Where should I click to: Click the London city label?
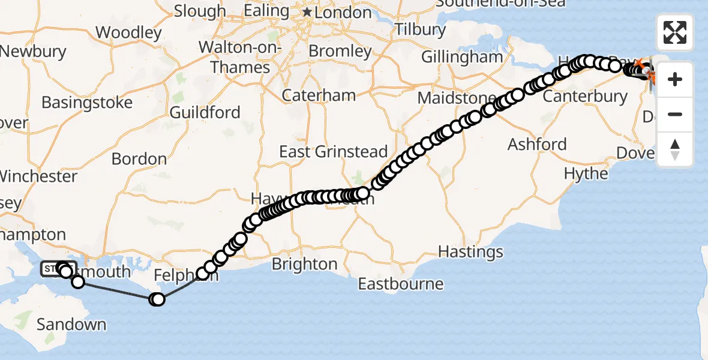(344, 12)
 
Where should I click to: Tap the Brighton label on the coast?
(304, 264)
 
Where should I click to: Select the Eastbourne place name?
(401, 283)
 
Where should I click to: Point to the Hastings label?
(471, 251)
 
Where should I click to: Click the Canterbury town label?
(585, 96)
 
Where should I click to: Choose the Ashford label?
(537, 144)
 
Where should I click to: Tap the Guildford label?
(205, 112)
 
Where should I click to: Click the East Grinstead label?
(334, 152)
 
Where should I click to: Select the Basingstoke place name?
(87, 102)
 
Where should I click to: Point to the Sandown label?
(71, 325)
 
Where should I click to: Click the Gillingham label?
(462, 57)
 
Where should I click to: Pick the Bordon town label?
(139, 159)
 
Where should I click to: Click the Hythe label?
(586, 173)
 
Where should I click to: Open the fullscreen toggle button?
(675, 32)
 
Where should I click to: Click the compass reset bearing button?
(675, 149)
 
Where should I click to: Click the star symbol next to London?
(307, 12)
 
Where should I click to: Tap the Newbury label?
(33, 52)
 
